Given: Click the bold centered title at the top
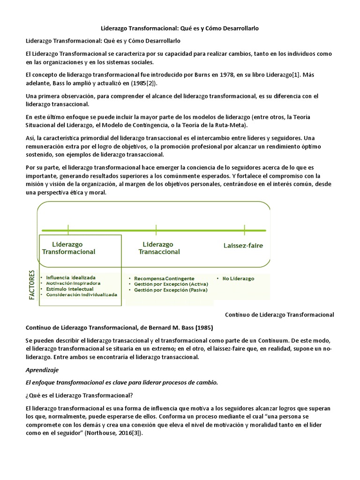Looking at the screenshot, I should click(x=180, y=29).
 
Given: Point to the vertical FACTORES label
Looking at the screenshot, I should click(x=32, y=285).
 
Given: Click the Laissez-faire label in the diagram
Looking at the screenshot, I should click(x=243, y=245).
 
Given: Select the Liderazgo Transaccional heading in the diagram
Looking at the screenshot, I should click(x=158, y=248).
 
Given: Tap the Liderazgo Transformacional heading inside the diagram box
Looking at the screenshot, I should click(x=68, y=248).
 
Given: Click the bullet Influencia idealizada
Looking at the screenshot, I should click(x=70, y=277).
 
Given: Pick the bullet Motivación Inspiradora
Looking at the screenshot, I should click(x=73, y=283).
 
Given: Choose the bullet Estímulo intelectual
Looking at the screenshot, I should click(x=69, y=289).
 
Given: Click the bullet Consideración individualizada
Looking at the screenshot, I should click(x=81, y=295).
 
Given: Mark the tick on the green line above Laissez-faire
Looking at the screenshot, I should click(x=244, y=230).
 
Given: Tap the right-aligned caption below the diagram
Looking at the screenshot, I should click(x=279, y=315).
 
